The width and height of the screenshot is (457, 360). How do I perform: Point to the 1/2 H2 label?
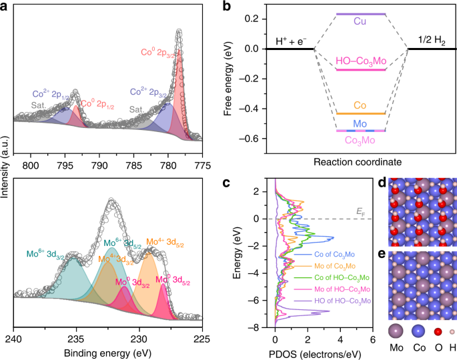430,39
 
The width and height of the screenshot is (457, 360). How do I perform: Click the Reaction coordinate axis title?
360,161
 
